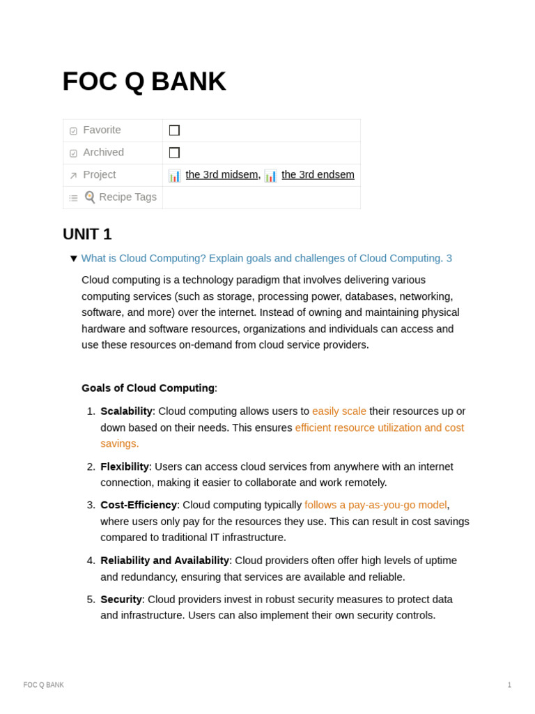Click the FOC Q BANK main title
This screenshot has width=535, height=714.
click(144, 82)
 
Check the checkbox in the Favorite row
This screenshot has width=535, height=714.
click(174, 130)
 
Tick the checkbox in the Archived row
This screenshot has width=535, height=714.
click(174, 153)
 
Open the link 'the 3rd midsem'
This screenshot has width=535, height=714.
click(222, 175)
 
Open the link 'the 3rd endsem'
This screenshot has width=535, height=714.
click(318, 175)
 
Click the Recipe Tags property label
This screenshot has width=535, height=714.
click(127, 197)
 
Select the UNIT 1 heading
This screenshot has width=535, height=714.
click(87, 234)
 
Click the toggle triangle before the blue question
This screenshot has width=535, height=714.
click(74, 259)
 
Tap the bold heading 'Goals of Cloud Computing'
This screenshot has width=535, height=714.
click(148, 388)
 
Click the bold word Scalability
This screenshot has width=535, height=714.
click(126, 411)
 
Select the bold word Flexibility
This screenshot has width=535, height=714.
click(125, 466)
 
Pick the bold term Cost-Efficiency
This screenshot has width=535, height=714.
click(139, 505)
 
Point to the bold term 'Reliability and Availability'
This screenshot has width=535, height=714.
click(164, 561)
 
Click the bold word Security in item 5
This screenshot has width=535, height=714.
click(121, 600)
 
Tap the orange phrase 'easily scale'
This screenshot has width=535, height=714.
click(339, 411)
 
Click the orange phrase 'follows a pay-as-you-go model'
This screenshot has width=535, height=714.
click(375, 505)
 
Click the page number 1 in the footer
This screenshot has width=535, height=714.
click(509, 685)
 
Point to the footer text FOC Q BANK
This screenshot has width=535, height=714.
click(44, 685)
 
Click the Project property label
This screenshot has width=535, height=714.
click(99, 175)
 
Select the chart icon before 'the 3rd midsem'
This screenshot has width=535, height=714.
click(174, 176)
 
